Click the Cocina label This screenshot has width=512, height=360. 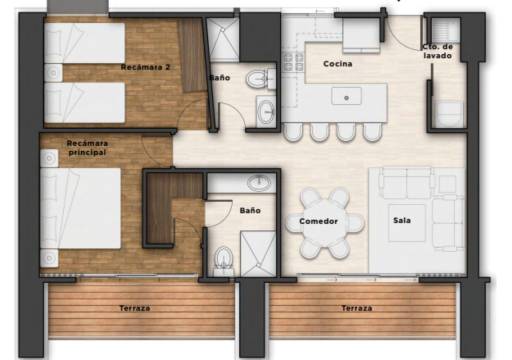click(x=338, y=64)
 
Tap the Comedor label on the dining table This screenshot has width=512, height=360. click(x=318, y=221)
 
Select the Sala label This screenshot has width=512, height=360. click(x=402, y=220)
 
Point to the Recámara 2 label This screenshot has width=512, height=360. click(x=145, y=67)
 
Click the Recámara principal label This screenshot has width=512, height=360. click(x=87, y=148)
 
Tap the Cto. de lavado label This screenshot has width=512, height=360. click(x=438, y=51)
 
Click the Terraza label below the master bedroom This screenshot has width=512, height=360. click(x=135, y=308)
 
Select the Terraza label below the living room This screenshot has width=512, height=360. click(x=357, y=308)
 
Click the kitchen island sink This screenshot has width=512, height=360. click(x=346, y=96)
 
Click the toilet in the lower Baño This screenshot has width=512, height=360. click(x=224, y=259)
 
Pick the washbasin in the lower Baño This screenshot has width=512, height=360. click(x=260, y=183)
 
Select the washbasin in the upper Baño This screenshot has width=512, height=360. click(x=266, y=111)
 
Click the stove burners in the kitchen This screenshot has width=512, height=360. click(x=293, y=62)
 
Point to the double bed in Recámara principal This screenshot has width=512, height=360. click(x=80, y=208)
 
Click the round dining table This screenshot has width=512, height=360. click(x=325, y=223)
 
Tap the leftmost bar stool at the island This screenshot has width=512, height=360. click(x=293, y=132)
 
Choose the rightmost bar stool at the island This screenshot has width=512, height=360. click(x=372, y=132)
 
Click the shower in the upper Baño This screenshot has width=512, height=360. click(x=223, y=40)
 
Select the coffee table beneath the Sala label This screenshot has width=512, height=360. click(x=407, y=223)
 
